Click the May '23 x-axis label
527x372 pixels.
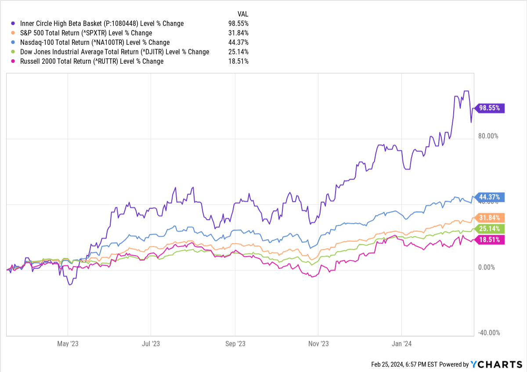[68, 344]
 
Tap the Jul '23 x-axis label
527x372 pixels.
[151, 344]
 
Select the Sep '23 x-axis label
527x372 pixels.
[235, 344]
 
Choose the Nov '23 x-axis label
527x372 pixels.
[318, 344]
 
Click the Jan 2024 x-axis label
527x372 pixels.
[401, 344]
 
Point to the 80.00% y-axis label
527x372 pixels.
[488, 136]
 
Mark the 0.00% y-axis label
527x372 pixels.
[487, 267]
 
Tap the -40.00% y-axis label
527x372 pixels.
[489, 333]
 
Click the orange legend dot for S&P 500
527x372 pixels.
[13, 33]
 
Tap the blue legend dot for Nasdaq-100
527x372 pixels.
[13, 42]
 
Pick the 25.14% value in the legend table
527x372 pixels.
[238, 52]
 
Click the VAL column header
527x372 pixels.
[243, 14]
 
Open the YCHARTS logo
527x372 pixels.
[496, 365]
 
